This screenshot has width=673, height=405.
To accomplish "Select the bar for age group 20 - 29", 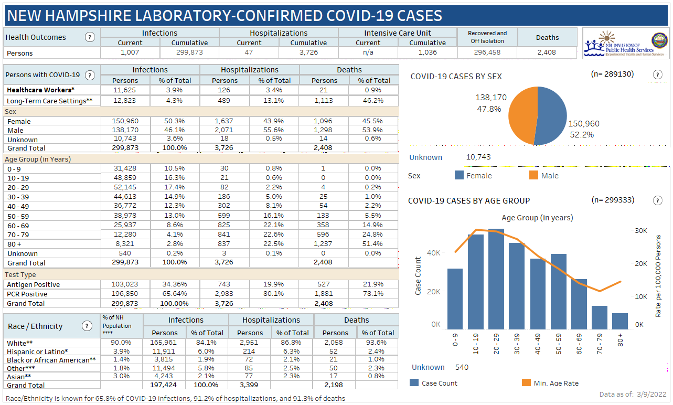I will [496, 278].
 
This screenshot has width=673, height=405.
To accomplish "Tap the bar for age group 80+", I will [619, 321].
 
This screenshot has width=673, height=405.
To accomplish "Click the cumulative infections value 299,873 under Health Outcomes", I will [189, 52].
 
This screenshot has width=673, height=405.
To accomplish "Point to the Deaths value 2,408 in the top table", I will [547, 52].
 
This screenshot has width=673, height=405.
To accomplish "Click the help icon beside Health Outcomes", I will [90, 37].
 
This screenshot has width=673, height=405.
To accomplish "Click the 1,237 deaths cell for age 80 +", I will [324, 244].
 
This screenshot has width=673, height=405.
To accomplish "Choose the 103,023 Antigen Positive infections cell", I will [125, 284].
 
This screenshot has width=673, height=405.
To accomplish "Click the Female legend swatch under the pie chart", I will [460, 176].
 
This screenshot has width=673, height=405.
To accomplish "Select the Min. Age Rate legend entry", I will [556, 383].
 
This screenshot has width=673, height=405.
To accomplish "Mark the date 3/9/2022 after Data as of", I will [653, 395].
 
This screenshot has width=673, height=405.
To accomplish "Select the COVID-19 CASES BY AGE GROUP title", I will [468, 200].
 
